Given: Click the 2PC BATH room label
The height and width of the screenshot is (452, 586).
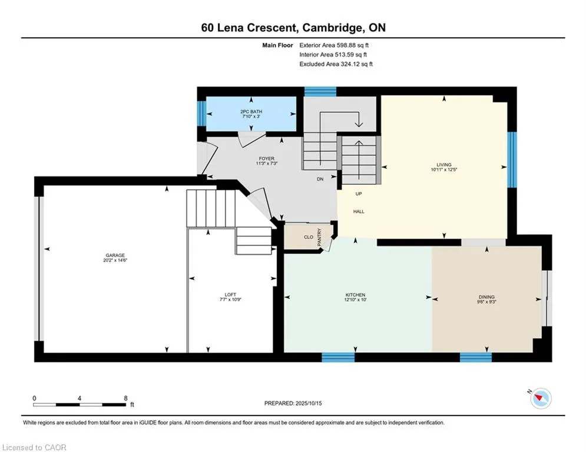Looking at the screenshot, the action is tap(251, 111).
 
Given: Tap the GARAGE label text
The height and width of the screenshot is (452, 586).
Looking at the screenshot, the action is tap(115, 255).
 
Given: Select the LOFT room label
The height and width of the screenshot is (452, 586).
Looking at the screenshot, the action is tap(231, 295).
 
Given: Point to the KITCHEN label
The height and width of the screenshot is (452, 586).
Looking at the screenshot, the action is tap(355, 295).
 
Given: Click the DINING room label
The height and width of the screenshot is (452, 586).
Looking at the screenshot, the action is tap(486, 297).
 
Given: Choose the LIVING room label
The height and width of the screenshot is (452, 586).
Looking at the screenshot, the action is tap(444, 164).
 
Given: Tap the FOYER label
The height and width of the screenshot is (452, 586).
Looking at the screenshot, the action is tap(266, 158).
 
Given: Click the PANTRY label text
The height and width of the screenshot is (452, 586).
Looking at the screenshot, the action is tap(319, 237).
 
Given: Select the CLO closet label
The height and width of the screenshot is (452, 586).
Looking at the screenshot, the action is tap(309, 237).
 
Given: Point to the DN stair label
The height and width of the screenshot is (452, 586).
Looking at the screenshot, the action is tap(320, 179).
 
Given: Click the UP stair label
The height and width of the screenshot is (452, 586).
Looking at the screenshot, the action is tap(359, 194).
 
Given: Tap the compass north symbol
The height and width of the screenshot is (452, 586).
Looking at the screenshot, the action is tap(541, 398).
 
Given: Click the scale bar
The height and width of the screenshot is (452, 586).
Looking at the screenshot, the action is tap(80, 404).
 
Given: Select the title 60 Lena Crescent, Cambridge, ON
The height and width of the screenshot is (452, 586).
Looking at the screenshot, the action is tap(293, 28).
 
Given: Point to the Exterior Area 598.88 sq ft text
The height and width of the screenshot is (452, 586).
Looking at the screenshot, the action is tap(334, 45).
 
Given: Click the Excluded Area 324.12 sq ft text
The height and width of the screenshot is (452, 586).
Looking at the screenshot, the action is tap(336, 64).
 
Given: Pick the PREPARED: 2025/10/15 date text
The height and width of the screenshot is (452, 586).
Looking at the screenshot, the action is tap(293, 403).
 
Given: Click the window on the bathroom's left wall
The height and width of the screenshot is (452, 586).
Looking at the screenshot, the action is tap(202, 114).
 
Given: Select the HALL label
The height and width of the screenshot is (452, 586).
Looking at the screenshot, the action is tap(359, 211).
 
